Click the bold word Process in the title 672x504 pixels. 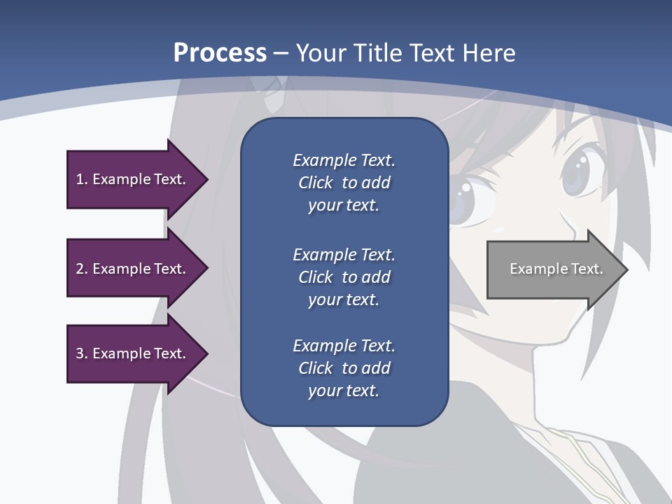pyautogui.click(x=220, y=53)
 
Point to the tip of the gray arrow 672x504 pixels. pyautogui.click(x=626, y=269)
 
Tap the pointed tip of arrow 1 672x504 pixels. pyautogui.click(x=206, y=179)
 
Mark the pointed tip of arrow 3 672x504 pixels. pyautogui.click(x=206, y=353)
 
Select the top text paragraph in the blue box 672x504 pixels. pyautogui.click(x=344, y=183)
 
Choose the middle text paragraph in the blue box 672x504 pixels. pyautogui.click(x=344, y=277)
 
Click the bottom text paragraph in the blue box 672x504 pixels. pyautogui.click(x=344, y=368)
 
